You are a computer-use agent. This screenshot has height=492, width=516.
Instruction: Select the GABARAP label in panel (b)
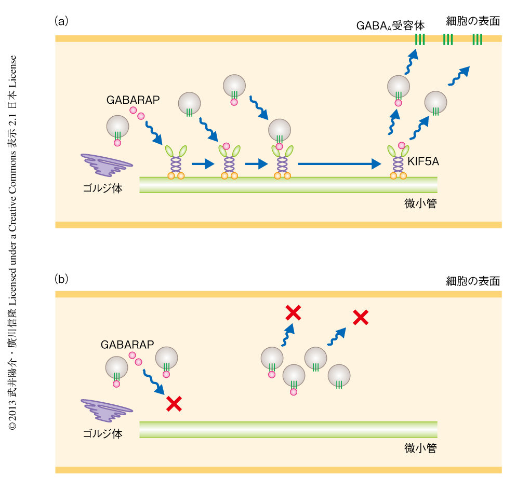point(126,344)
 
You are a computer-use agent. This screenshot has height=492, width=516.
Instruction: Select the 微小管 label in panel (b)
point(420,448)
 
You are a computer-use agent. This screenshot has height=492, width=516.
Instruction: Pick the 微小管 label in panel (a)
point(420,203)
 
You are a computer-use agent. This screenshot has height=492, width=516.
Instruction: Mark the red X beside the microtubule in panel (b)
point(174,403)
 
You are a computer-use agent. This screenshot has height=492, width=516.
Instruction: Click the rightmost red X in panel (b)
point(361,317)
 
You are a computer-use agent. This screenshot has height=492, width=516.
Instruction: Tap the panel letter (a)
point(61,21)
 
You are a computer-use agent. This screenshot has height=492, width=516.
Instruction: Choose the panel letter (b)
point(61,279)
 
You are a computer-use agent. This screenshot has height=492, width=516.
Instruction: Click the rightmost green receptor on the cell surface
point(477,39)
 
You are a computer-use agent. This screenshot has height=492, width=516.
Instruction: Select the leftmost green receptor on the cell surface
point(420,39)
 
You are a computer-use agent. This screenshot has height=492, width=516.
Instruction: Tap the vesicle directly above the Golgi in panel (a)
point(117,127)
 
